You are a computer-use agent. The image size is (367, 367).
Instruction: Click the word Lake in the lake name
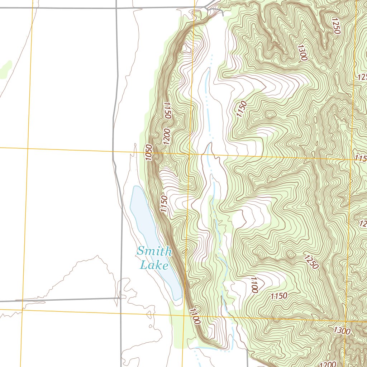(154, 266)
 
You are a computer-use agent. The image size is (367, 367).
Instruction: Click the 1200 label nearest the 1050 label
(167, 136)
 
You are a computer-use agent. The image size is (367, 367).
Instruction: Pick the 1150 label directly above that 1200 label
(167, 110)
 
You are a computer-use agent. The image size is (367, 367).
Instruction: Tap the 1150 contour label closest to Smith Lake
(164, 204)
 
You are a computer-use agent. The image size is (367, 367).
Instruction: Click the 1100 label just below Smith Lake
(195, 316)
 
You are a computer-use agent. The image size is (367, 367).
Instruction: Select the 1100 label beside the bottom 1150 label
(254, 285)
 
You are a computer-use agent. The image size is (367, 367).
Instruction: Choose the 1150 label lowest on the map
(279, 296)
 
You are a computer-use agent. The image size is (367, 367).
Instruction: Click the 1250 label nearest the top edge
(336, 25)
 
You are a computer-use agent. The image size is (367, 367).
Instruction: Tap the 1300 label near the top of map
(302, 52)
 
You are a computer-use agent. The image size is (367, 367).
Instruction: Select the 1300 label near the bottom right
(342, 331)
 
